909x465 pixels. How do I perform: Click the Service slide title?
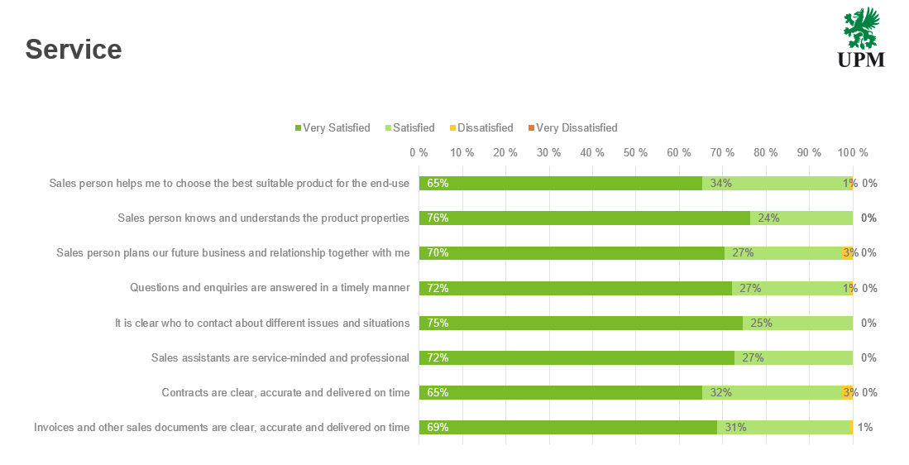pos(74,50)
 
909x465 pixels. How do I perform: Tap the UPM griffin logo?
pos(861,37)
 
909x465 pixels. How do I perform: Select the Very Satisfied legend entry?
pos(333,128)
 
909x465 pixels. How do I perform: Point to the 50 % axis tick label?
pos(635,153)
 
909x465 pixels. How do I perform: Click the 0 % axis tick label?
pos(419,153)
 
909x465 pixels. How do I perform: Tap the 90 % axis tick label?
pos(809,153)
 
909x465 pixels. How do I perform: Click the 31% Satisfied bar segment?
pos(783,428)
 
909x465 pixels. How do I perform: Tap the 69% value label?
pos(438,428)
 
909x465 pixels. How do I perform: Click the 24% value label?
pos(769,218)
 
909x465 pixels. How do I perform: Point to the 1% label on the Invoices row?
pos(865,428)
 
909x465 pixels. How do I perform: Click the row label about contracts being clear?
pos(285,393)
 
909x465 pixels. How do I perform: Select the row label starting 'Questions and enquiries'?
pos(270,288)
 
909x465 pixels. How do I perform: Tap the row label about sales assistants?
pos(280,358)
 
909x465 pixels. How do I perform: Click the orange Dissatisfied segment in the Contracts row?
pos(847,393)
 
